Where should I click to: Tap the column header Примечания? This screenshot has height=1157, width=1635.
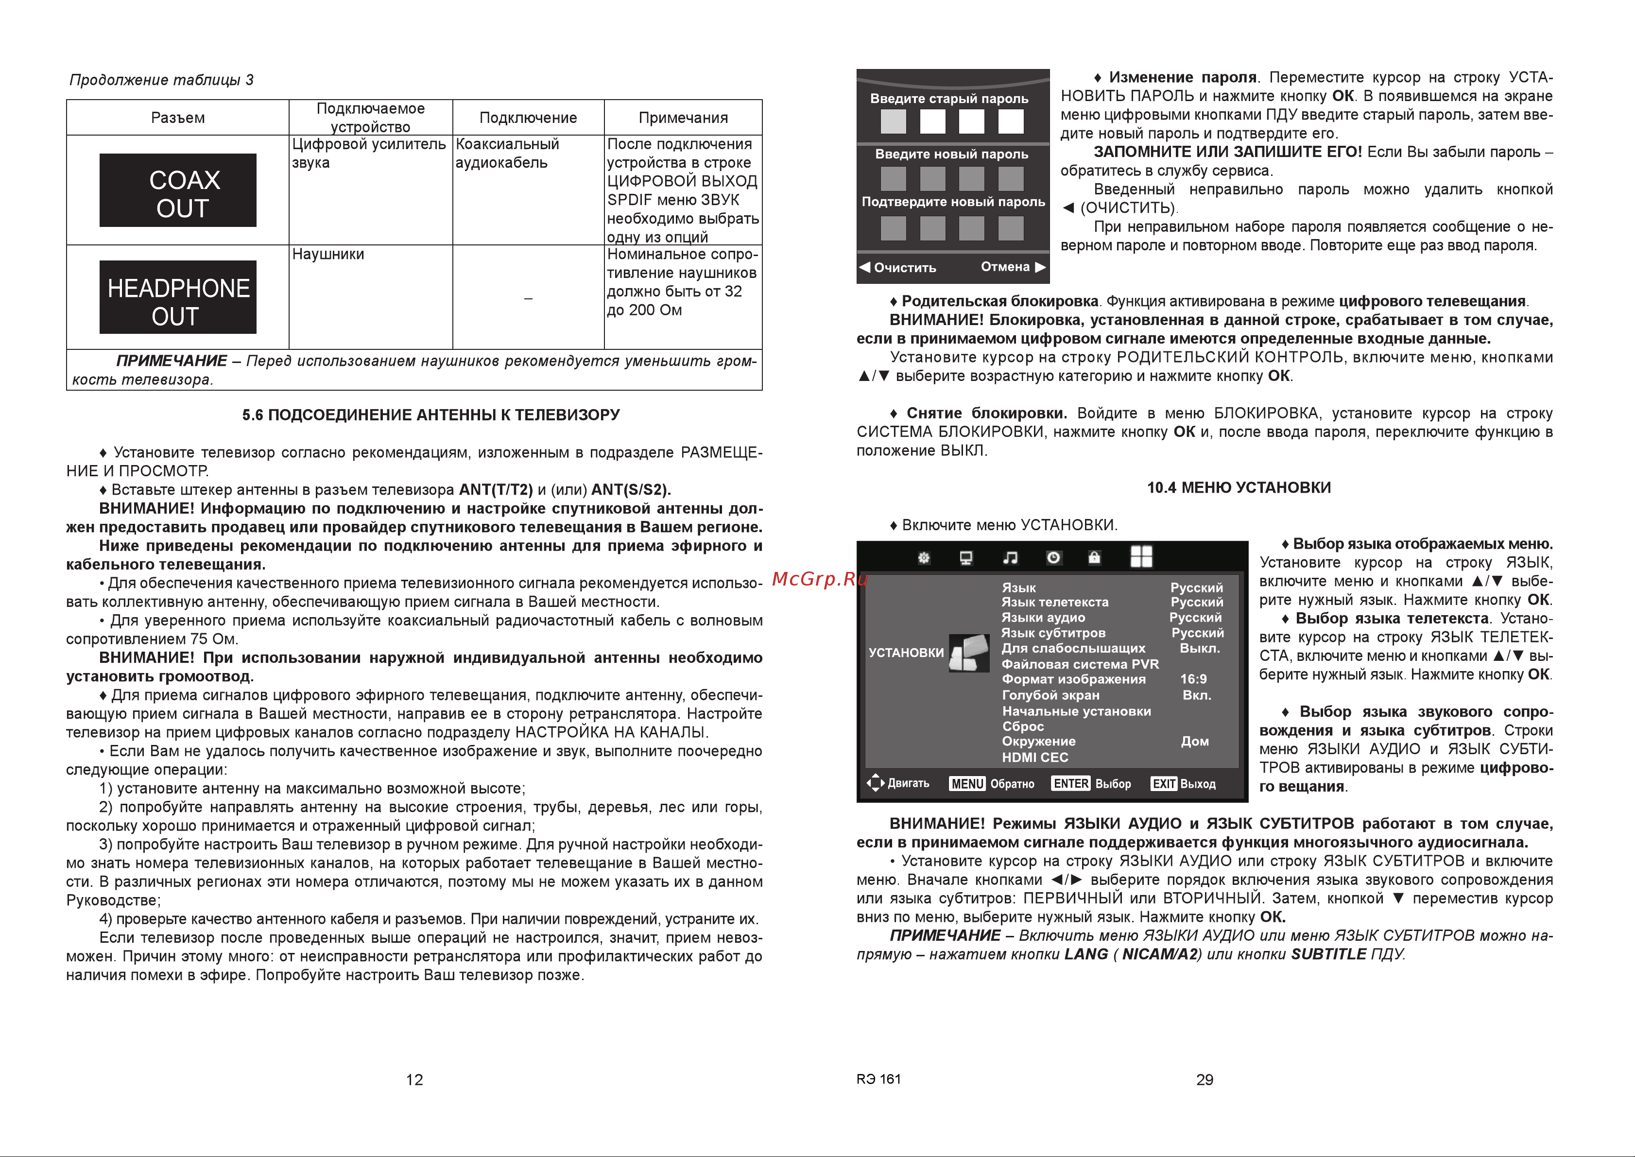[683, 118]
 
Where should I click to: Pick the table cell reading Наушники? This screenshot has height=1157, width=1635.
[327, 254]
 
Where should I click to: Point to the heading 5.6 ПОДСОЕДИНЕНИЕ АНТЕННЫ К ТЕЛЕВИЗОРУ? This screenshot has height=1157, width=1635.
[430, 414]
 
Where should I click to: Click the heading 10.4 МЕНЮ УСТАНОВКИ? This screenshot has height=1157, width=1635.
[1238, 487]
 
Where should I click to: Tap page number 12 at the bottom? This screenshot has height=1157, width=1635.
[414, 1079]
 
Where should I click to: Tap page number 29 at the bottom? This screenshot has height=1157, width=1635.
[1204, 1079]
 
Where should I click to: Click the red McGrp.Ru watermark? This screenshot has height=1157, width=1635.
[819, 578]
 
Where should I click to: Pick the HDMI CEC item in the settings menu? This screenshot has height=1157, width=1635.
[1034, 757]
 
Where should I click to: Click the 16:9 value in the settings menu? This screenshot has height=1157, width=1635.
[1193, 679]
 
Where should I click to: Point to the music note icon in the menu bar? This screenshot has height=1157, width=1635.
[1010, 558]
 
